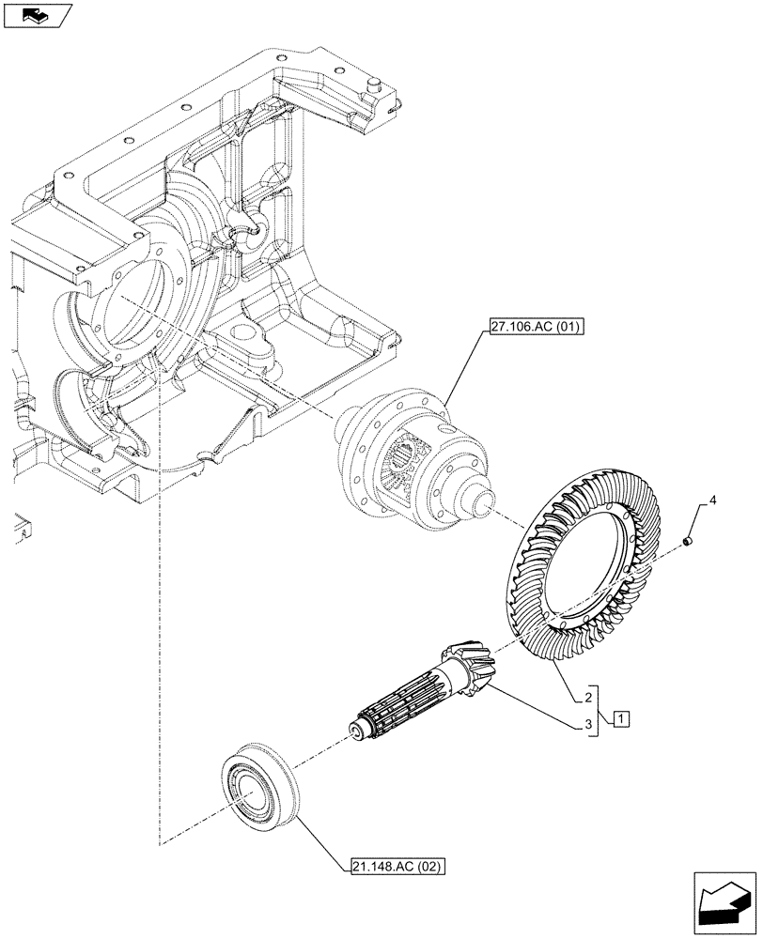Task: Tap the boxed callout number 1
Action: (621, 719)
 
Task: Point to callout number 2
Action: (586, 698)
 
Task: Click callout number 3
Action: (586, 725)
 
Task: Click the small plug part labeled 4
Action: (688, 540)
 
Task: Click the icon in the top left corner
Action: (38, 16)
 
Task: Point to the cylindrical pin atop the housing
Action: (372, 85)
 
